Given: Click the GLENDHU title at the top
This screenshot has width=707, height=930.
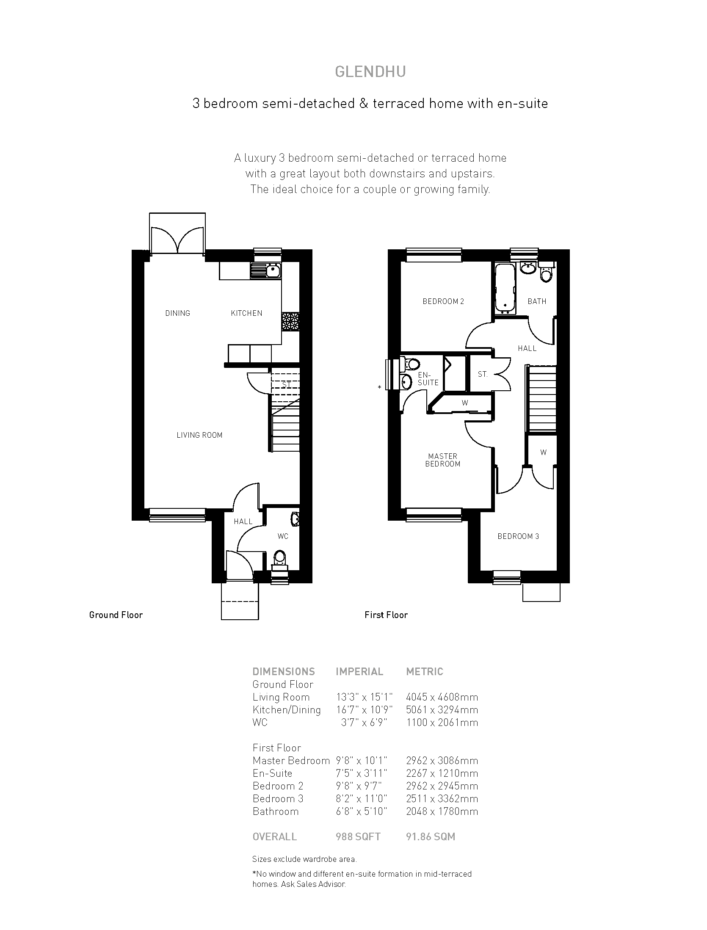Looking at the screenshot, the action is (x=370, y=72).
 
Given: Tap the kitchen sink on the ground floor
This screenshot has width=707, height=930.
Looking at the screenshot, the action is (x=266, y=270).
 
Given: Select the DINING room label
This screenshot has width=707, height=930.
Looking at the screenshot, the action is (x=178, y=313).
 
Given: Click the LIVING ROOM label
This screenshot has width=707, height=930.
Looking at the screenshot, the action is (x=199, y=435).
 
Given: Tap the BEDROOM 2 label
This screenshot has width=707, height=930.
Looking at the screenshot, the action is (x=443, y=301).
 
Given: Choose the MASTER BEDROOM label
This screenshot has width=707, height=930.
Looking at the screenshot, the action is (x=443, y=460).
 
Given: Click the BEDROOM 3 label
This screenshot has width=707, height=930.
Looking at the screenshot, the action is (x=518, y=536).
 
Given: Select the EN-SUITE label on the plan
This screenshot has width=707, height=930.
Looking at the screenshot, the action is (x=428, y=378).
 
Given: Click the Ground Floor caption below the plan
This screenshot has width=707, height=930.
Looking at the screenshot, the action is (x=116, y=615).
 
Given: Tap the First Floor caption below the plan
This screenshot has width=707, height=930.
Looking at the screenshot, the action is (x=386, y=615).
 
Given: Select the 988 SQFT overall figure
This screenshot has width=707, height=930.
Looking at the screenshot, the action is (x=358, y=837).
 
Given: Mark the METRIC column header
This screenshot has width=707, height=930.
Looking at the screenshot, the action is (x=425, y=672).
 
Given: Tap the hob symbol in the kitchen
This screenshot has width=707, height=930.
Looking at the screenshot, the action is (x=290, y=322).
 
